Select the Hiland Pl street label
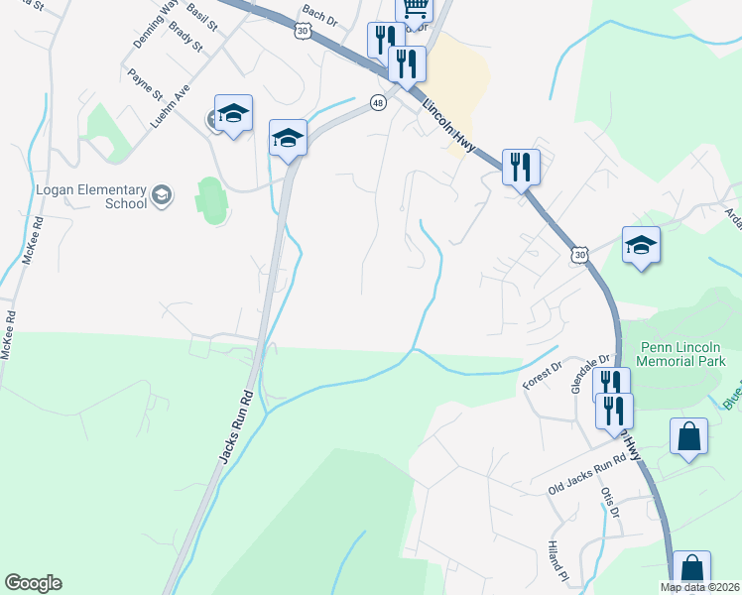coord(556,561)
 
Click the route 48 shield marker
coord(378,102)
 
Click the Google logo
coord(33,583)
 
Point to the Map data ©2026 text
coord(700,587)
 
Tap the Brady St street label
coord(185,39)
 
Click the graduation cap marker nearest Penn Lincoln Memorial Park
coord(641,245)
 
